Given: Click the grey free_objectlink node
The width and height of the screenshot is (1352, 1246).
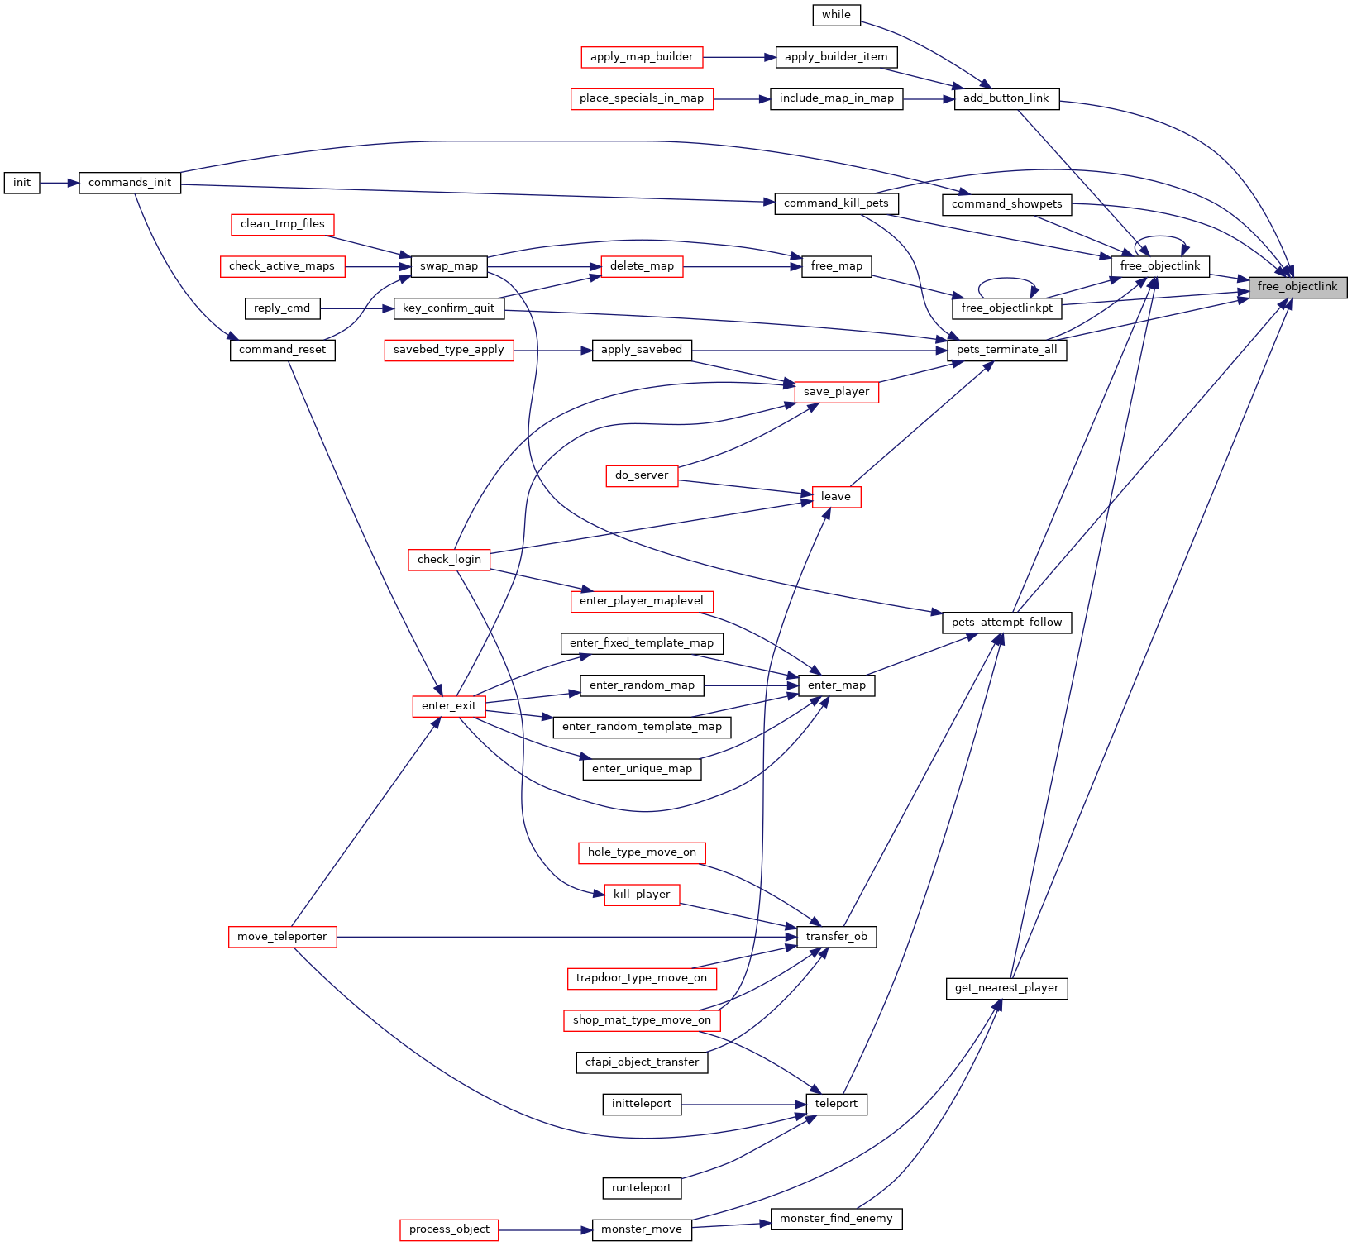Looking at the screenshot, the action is pyautogui.click(x=1297, y=287).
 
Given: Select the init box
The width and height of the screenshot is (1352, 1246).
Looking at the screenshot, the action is pyautogui.click(x=22, y=183).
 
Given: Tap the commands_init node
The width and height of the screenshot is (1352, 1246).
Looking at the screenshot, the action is pyautogui.click(x=130, y=183).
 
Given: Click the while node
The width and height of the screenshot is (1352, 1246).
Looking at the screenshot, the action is pyautogui.click(x=836, y=15).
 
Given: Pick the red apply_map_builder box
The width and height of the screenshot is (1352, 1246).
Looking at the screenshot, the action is pyautogui.click(x=642, y=57).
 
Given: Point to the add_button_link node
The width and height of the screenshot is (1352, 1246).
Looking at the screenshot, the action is pyautogui.click(x=1006, y=98).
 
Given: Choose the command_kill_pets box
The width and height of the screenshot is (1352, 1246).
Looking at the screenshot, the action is pyautogui.click(x=836, y=203).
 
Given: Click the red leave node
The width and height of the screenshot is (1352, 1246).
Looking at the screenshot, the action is pyautogui.click(x=836, y=497).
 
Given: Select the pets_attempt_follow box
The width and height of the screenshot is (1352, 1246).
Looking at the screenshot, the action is pyautogui.click(x=1006, y=623).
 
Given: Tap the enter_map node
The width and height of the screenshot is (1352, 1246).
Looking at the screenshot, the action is pyautogui.click(x=836, y=685).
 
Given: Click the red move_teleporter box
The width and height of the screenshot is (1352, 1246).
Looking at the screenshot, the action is pyautogui.click(x=282, y=937).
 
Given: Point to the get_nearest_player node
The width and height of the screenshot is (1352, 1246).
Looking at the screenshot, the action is pyautogui.click(x=1006, y=988).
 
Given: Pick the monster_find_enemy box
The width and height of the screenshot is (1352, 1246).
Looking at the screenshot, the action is pyautogui.click(x=836, y=1219).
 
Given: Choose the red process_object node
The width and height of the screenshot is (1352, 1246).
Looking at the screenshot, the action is pyautogui.click(x=449, y=1229).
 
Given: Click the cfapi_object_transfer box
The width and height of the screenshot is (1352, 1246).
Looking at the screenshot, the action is pyautogui.click(x=642, y=1062).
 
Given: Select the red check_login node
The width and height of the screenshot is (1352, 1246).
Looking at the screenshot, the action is pyautogui.click(x=449, y=560).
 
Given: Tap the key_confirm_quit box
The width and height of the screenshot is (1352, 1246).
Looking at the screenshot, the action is pyautogui.click(x=448, y=308).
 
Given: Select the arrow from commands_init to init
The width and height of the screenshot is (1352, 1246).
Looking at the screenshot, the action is pyautogui.click(x=60, y=183).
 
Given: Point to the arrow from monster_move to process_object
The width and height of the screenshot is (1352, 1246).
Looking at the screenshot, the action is pyautogui.click(x=546, y=1229).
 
